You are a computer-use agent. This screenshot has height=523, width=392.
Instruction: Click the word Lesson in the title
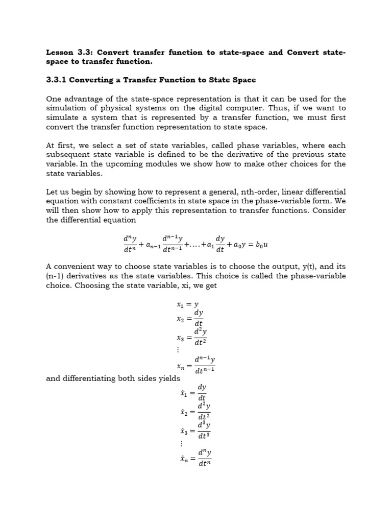point(60,53)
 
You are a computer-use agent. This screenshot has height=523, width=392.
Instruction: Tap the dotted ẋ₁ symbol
point(184,393)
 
